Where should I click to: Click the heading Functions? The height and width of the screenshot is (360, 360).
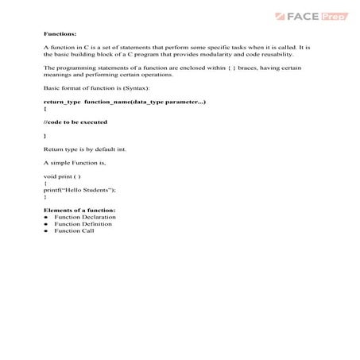click(60, 35)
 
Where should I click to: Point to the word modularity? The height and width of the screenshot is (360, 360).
click(217, 54)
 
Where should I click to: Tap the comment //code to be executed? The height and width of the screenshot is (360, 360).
click(75, 122)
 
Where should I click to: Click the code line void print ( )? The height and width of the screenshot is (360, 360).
click(62, 176)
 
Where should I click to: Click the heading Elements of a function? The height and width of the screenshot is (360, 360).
click(79, 210)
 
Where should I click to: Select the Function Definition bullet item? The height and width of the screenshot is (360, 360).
click(83, 224)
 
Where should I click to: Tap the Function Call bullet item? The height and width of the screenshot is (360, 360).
click(74, 231)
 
